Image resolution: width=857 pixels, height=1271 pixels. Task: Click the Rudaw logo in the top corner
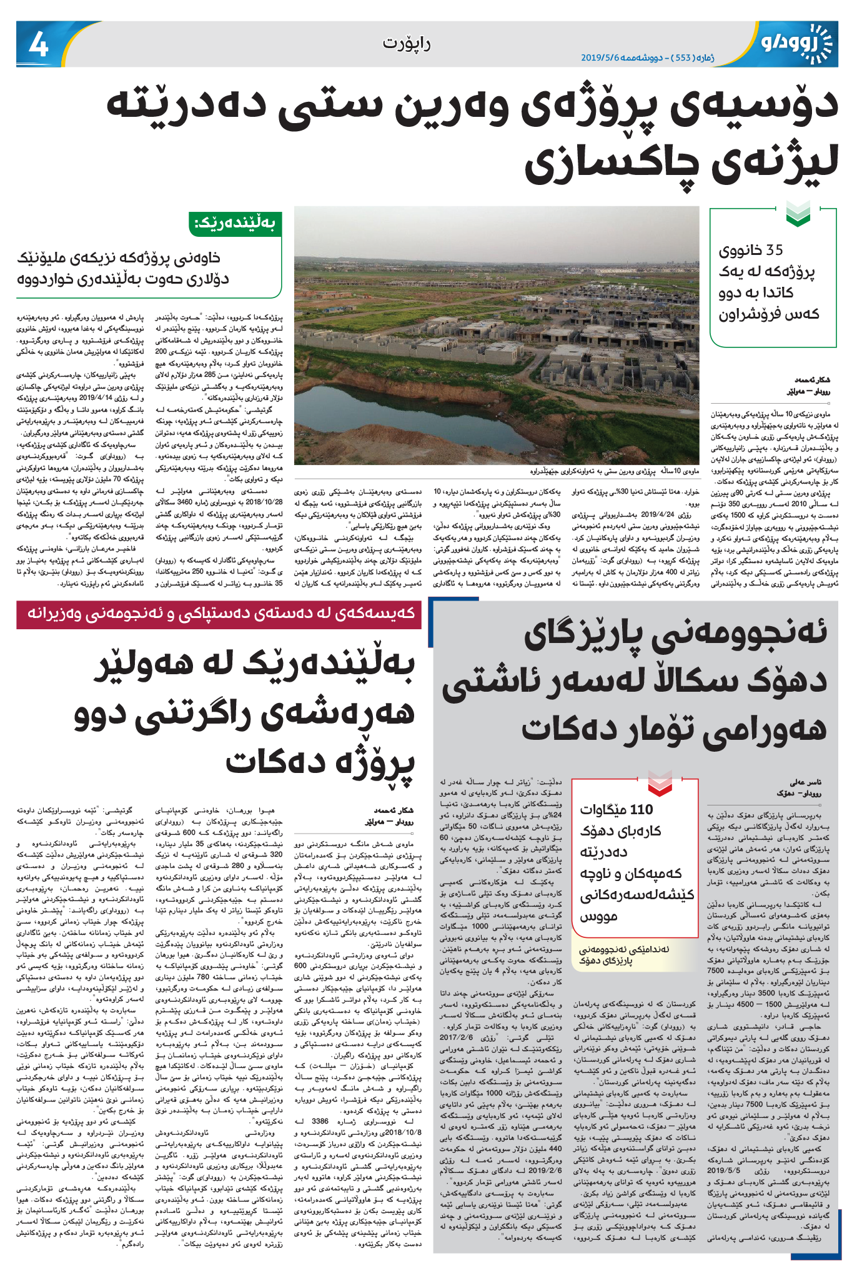pos(796,42)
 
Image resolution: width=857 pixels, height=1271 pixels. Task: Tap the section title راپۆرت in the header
pos(407,43)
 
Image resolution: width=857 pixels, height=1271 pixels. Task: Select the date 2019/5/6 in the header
pos(600,57)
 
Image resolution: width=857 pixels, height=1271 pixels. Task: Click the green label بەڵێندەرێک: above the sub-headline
pos(235,223)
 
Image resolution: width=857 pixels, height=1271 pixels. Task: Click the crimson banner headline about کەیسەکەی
pos(220,614)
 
